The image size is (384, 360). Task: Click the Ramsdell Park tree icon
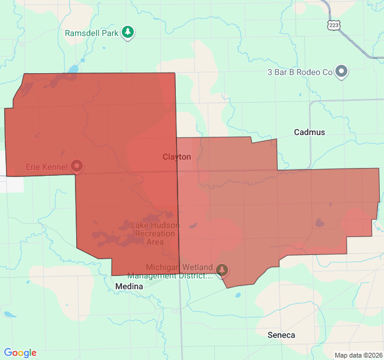(127, 32)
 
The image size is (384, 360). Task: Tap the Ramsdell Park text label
(92, 33)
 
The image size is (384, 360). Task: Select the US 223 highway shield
(334, 25)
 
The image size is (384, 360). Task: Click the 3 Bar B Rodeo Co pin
(341, 71)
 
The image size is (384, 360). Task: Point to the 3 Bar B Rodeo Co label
(299, 72)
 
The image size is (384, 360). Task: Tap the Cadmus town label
(309, 132)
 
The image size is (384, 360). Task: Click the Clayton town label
(176, 157)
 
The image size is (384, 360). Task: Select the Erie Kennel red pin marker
(77, 165)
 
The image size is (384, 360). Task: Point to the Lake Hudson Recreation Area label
(155, 233)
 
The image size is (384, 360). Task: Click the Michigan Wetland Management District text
(179, 271)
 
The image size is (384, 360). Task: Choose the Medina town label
(129, 287)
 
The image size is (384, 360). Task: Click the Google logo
(20, 353)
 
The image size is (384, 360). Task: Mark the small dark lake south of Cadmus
(319, 223)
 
